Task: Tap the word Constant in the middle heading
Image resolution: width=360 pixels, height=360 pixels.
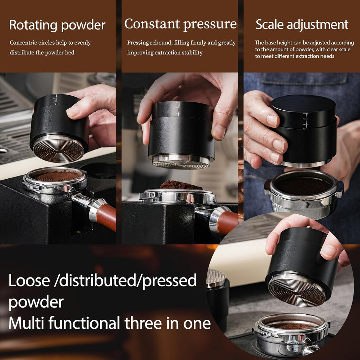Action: point(152,24)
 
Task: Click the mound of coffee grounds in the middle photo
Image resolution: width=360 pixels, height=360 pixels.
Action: point(180,185)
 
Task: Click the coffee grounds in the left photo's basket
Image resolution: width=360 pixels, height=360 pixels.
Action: point(58,175)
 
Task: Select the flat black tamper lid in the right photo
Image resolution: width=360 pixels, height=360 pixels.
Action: point(303,105)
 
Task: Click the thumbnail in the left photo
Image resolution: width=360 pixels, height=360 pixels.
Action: point(74,112)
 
